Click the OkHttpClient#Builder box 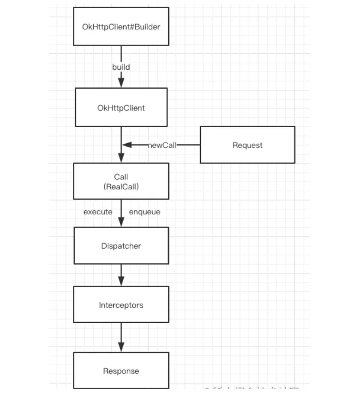click(x=121, y=27)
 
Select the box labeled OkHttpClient click(x=121, y=108)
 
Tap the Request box click(x=247, y=145)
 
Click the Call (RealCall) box click(x=121, y=182)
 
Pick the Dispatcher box click(x=121, y=246)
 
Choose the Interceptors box click(x=121, y=305)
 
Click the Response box click(x=121, y=371)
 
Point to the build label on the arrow click(x=121, y=67)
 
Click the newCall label click(x=162, y=145)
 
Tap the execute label click(x=98, y=212)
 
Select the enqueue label click(x=145, y=212)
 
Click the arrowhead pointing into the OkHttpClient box click(x=122, y=82)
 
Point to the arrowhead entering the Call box click(x=122, y=157)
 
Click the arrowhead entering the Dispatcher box click(x=122, y=222)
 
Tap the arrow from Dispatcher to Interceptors click(x=122, y=275)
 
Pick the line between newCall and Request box click(x=188, y=145)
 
